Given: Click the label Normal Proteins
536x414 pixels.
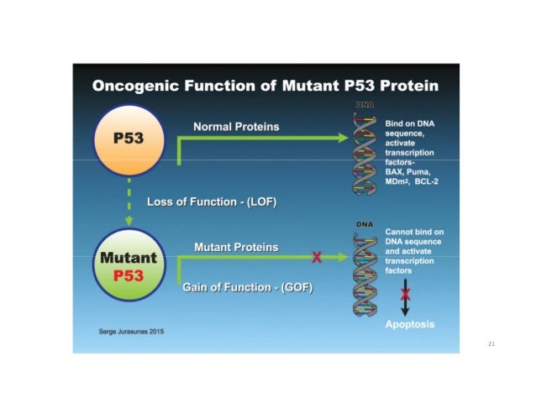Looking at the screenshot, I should tap(236, 127).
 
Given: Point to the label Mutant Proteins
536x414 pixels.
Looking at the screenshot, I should tap(236, 248).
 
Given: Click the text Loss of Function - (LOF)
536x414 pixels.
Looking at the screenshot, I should tap(211, 202).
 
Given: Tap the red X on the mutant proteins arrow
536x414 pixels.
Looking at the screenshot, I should tap(316, 258).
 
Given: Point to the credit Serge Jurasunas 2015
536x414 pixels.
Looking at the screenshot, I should tap(131, 332).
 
